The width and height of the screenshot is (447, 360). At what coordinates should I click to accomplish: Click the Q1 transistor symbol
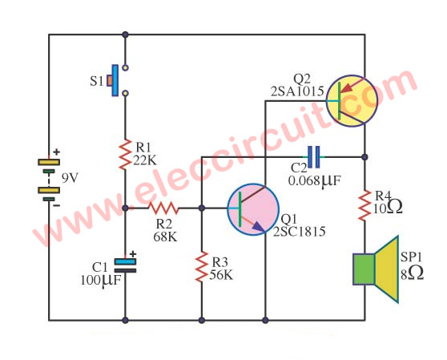point(253,209)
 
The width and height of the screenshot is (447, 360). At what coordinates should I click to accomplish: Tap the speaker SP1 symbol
point(376,269)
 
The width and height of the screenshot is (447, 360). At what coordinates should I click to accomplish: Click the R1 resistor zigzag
point(125,155)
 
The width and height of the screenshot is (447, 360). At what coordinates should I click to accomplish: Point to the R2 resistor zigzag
point(163,208)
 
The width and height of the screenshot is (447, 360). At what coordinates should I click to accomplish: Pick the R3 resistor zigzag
point(202,266)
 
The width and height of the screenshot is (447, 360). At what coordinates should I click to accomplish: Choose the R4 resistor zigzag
point(364,205)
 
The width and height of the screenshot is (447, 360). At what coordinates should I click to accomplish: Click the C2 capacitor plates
point(313,157)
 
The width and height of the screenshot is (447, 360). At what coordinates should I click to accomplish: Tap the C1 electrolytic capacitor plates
point(125,265)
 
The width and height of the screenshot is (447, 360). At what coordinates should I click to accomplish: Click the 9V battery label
point(70,178)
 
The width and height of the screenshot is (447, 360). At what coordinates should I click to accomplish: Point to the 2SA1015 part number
point(297,91)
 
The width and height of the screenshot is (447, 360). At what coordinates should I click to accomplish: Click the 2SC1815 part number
point(300,232)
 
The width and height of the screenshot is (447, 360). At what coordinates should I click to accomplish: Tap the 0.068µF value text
point(315,180)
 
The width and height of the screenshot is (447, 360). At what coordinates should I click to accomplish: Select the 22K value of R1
point(145,161)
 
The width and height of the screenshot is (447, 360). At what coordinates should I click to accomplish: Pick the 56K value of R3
point(221,275)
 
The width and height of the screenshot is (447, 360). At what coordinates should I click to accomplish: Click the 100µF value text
point(101,280)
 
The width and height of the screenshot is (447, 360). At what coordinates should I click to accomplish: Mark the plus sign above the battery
point(57,152)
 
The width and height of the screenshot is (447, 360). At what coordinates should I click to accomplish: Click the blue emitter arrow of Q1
point(259,226)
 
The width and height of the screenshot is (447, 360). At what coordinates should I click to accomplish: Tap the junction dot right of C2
point(364,157)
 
